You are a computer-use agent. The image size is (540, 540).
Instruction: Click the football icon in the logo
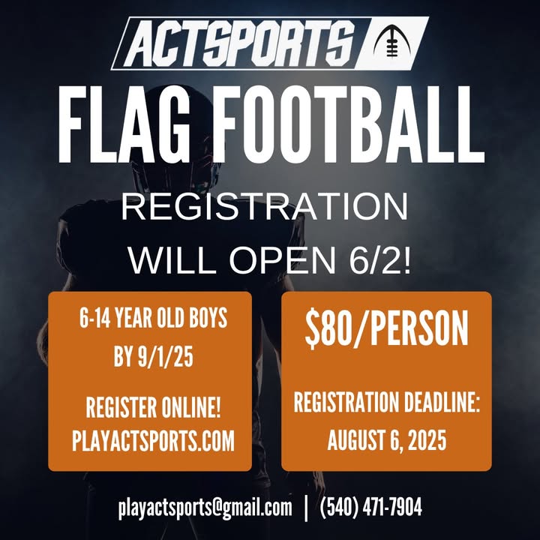coord(391,42)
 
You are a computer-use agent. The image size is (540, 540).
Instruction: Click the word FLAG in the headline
coord(124,124)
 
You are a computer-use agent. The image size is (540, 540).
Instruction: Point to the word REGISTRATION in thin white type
coord(265,207)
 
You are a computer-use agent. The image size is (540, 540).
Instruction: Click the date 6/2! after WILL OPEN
coord(380,261)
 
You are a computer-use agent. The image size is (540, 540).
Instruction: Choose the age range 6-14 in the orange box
coord(95,318)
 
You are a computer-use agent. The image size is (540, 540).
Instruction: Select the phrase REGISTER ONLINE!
coord(153,407)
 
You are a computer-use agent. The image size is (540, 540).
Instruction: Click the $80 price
coord(328,329)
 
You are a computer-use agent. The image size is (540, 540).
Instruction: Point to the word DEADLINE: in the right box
coord(442,402)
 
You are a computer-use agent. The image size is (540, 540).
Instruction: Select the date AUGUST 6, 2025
coord(387,440)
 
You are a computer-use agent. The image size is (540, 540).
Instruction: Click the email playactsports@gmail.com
coord(205,508)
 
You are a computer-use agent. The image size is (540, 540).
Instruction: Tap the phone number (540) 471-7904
coord(371,507)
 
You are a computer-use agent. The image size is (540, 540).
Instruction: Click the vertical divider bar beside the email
coord(306,508)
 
